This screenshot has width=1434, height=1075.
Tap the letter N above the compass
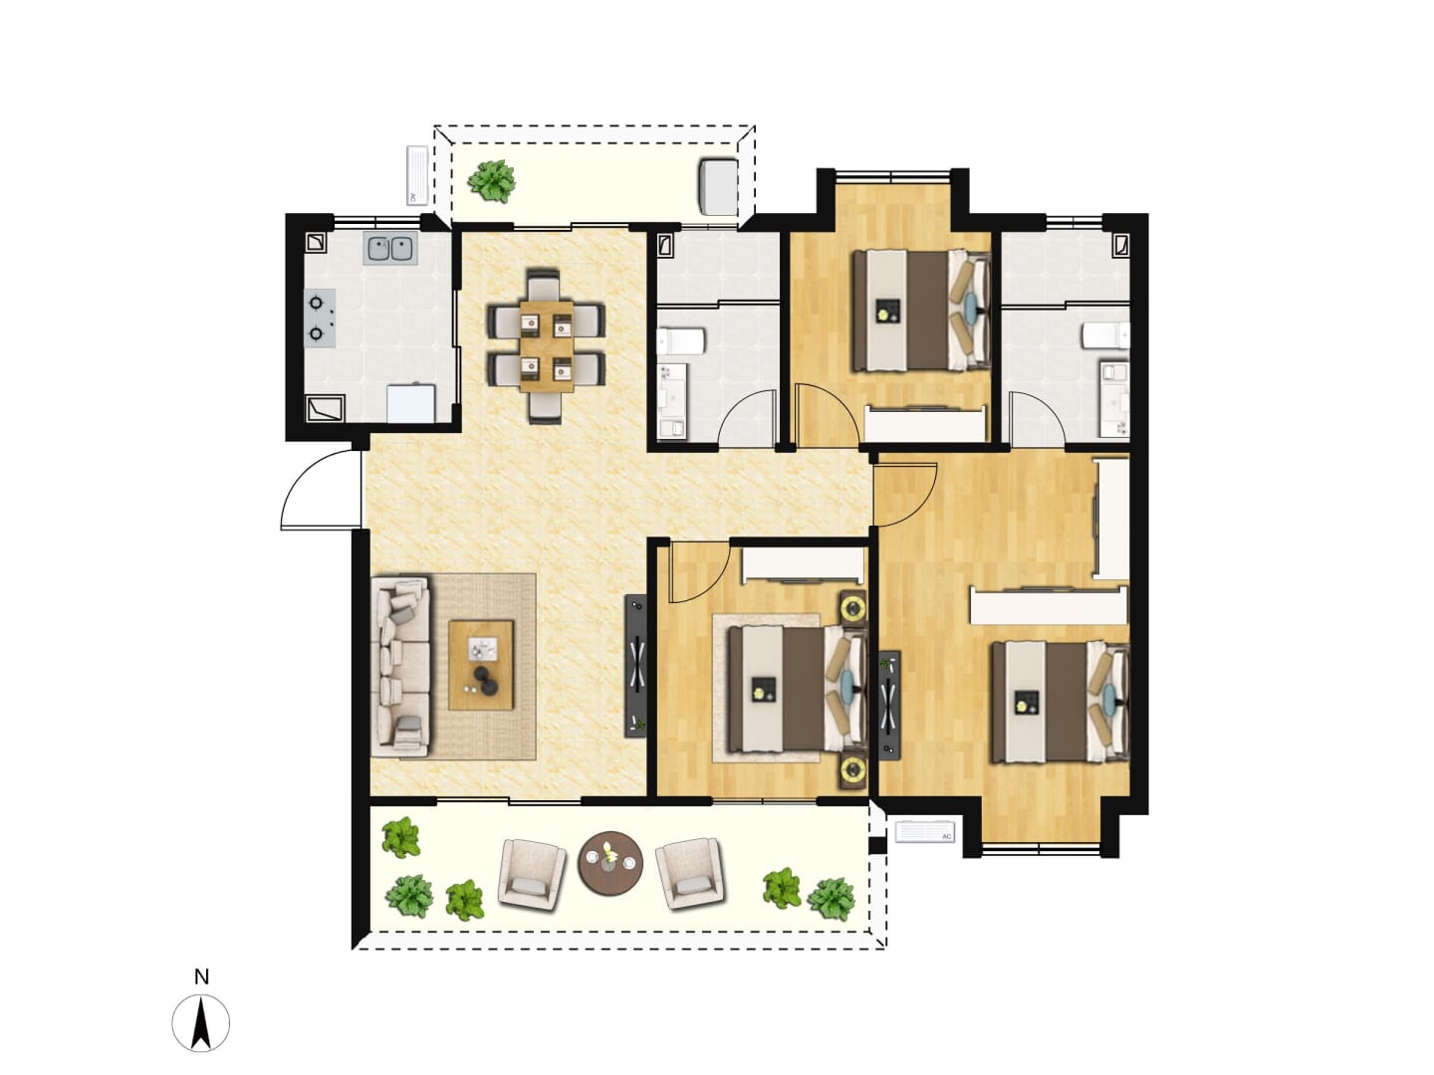[x=201, y=977]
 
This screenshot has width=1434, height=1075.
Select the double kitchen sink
[x=391, y=249]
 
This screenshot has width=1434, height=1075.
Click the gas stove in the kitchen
[x=321, y=318]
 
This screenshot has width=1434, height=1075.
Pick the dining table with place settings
[x=547, y=345]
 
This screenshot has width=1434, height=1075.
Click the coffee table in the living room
[x=481, y=665]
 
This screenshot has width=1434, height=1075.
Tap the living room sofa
[x=400, y=667]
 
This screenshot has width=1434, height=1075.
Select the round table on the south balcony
[x=610, y=864]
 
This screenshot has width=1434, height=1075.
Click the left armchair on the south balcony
[x=532, y=874]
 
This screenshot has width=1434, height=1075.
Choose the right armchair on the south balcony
[x=690, y=874]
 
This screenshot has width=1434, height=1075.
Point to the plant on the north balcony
[x=491, y=181]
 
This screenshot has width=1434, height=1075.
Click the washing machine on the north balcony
[x=719, y=186]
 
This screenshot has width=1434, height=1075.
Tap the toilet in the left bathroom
[x=680, y=340]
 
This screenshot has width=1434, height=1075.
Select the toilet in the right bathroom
[x=1105, y=335]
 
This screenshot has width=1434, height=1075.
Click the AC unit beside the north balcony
[x=417, y=175]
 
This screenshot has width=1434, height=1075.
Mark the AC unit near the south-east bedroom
[x=924, y=832]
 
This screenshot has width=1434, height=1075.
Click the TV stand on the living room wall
[x=635, y=666]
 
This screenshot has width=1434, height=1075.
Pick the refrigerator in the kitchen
[x=411, y=404]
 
